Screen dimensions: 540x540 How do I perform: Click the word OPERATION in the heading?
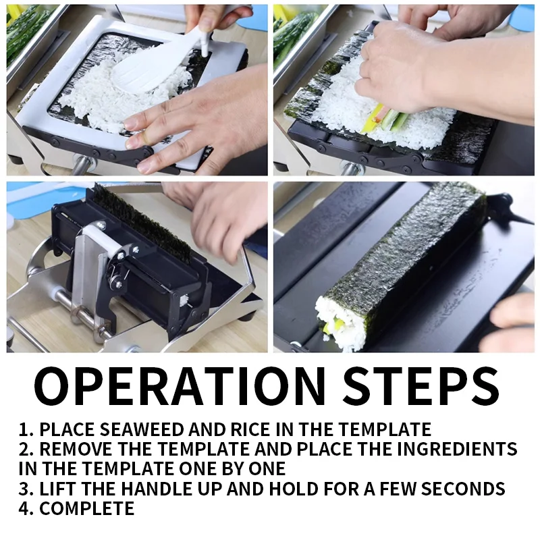coord(180,386)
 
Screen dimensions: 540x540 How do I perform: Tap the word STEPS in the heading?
coord(421,386)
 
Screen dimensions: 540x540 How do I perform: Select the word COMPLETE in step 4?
coord(87,508)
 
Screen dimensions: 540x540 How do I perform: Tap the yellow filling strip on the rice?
coord(371,118)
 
